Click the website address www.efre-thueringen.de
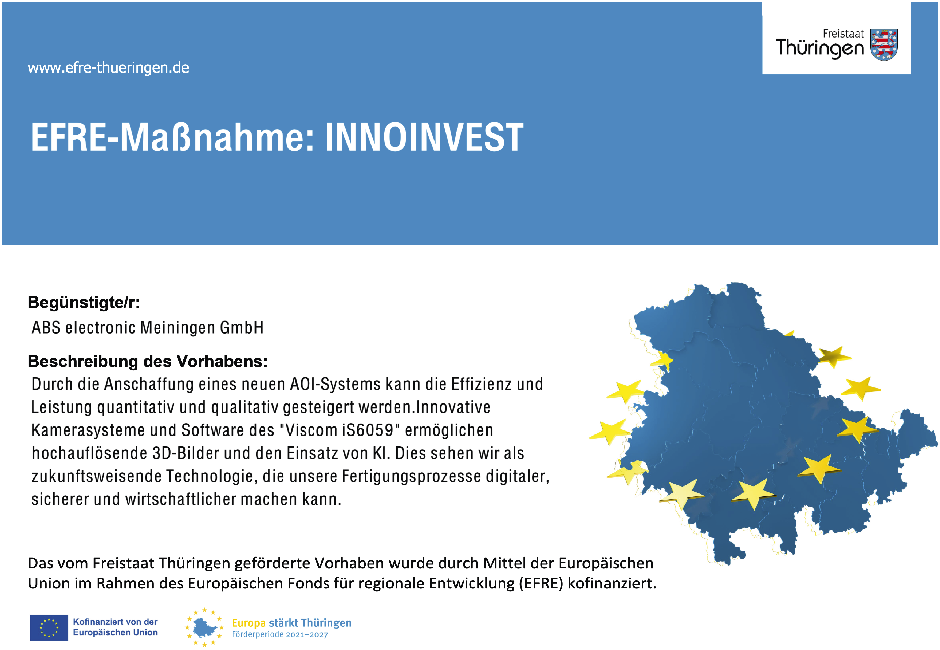[x=108, y=68]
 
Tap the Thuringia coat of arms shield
[x=883, y=45]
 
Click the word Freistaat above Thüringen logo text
[x=843, y=34]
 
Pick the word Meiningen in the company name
[x=177, y=328]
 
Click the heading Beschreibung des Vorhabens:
[x=148, y=362]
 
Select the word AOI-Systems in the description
[x=335, y=384]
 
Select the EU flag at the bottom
[x=49, y=627]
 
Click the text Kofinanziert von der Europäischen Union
[x=115, y=627]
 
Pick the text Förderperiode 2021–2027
[x=280, y=634]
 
